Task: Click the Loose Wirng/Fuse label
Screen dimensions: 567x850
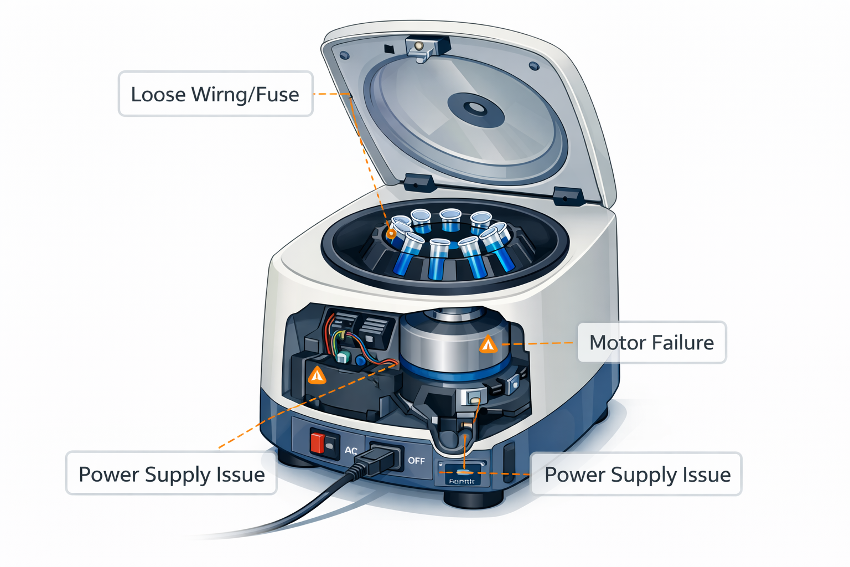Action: [x=215, y=94]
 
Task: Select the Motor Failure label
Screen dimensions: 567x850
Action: [x=651, y=343]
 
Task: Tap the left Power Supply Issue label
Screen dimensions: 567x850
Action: [x=172, y=475]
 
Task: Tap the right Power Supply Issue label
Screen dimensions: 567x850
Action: [x=637, y=475]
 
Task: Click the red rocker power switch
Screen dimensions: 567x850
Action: [x=318, y=443]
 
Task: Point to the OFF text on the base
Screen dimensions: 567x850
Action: [x=416, y=461]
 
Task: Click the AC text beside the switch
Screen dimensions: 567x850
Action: [x=351, y=451]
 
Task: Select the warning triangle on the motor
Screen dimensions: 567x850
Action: [x=488, y=346]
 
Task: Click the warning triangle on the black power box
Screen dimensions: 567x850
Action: [x=317, y=376]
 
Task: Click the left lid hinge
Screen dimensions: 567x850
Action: [x=418, y=182]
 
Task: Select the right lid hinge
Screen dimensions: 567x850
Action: [x=568, y=195]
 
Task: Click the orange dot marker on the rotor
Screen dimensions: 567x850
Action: [x=391, y=234]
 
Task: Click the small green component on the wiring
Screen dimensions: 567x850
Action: [x=344, y=357]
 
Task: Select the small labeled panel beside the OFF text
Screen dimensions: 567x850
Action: [x=463, y=473]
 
